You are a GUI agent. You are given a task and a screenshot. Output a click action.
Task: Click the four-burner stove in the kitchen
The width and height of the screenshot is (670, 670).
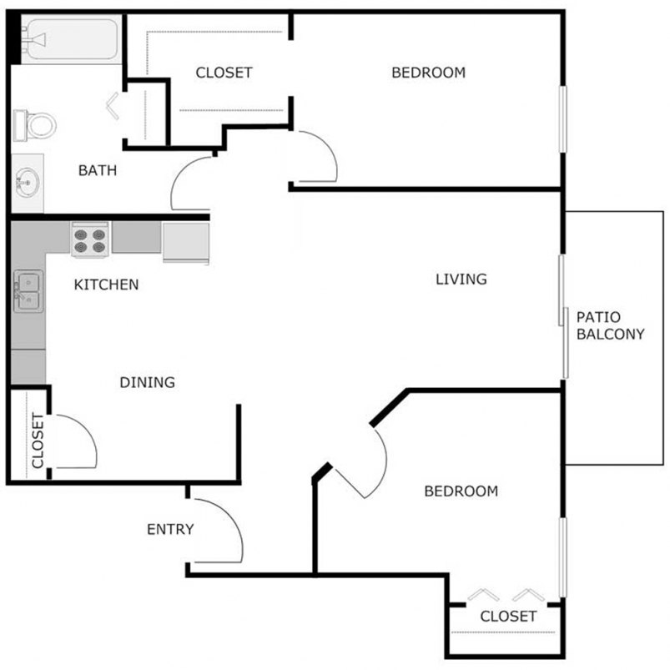tap(90, 239)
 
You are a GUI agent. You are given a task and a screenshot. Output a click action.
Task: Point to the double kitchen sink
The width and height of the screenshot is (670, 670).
tap(27, 291)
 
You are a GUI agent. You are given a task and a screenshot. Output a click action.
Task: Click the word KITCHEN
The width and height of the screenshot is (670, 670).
tap(106, 285)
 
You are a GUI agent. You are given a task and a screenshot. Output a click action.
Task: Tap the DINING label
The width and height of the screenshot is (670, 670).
tap(147, 383)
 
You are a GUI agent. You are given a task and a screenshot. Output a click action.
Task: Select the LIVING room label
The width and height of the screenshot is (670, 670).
tap(461, 280)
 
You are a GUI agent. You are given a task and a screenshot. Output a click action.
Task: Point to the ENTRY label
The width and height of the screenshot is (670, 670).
tap(170, 529)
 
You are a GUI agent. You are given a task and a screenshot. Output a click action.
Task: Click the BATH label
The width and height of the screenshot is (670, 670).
tap(98, 171)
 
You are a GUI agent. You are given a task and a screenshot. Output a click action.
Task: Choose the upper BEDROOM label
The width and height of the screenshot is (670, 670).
tap(428, 73)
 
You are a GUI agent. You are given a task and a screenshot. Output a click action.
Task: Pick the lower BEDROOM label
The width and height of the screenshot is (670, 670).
tap(461, 491)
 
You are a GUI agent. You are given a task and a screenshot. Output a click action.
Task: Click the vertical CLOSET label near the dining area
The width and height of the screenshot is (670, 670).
tap(38, 441)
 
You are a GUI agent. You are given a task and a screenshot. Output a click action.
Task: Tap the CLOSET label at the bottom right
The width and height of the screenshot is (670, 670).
tap(508, 617)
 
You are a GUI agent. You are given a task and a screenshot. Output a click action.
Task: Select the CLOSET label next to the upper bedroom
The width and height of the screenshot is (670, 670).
tap(224, 73)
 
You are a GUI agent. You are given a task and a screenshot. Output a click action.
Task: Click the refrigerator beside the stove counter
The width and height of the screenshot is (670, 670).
tap(185, 243)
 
